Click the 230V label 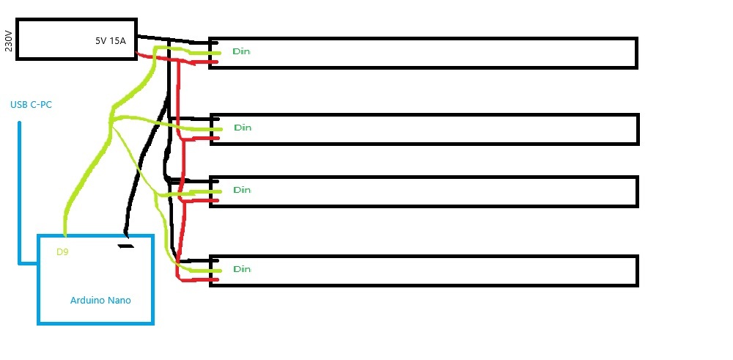(x=9, y=40)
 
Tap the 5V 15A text (x=110, y=41)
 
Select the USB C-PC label (x=31, y=105)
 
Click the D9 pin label (x=63, y=252)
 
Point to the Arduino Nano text (x=100, y=300)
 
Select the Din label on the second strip (x=242, y=128)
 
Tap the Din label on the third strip (x=241, y=190)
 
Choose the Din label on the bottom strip (x=241, y=269)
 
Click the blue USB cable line (x=20, y=191)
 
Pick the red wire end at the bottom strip (x=214, y=279)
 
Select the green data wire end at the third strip (x=215, y=192)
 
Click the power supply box (x=76, y=40)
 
